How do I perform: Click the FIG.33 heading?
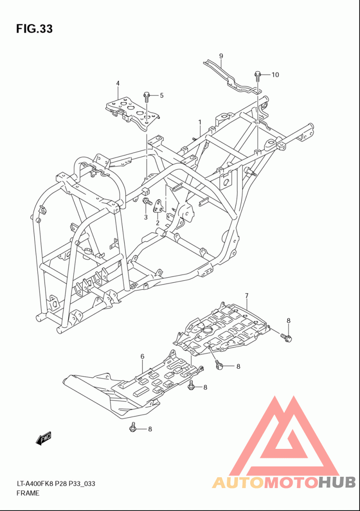click(x=34, y=29)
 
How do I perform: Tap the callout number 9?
click(x=221, y=56)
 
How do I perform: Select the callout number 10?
click(x=275, y=75)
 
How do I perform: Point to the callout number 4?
click(x=118, y=83)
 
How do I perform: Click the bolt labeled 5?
click(x=146, y=96)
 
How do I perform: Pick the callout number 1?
click(x=200, y=122)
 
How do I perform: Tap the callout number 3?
click(x=146, y=217)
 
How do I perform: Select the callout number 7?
click(x=247, y=296)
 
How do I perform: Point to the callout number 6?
click(x=142, y=357)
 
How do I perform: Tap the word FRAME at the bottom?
click(x=28, y=493)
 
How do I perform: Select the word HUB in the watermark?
click(x=337, y=482)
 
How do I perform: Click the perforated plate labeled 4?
click(x=132, y=113)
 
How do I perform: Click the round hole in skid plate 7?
click(x=207, y=330)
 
